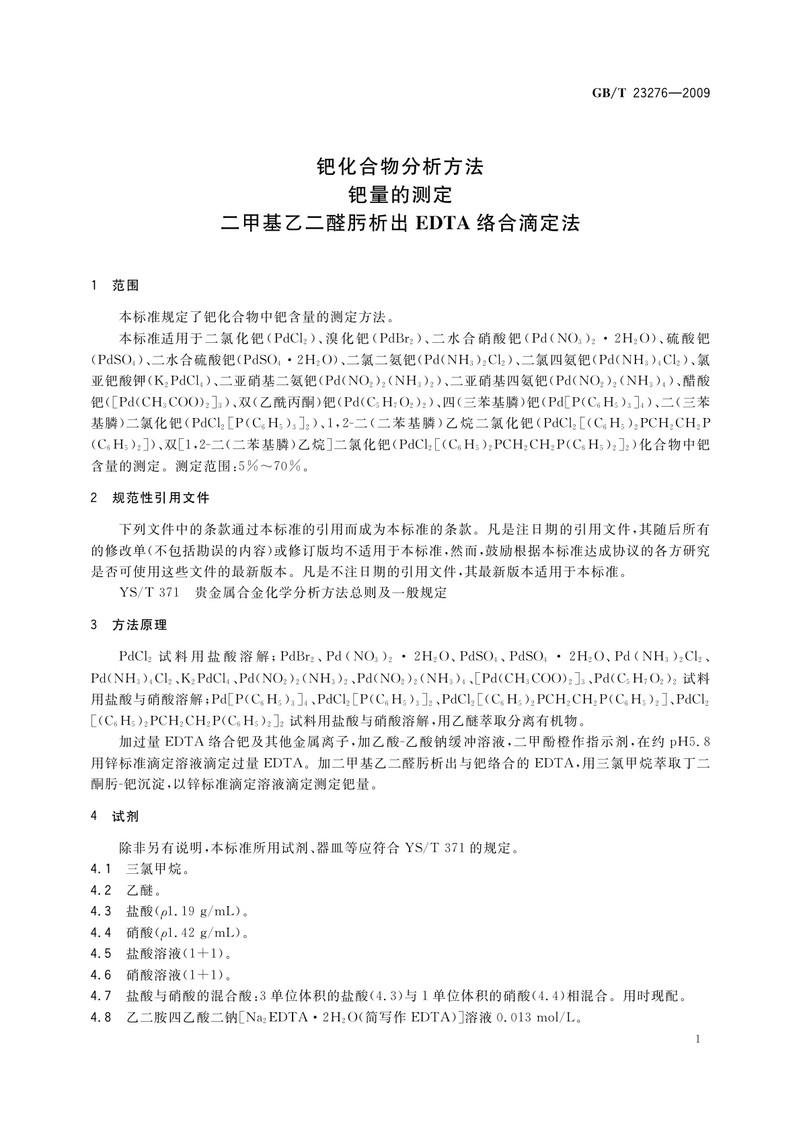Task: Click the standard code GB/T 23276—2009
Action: pos(650,93)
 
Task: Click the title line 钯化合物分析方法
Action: pos(400,166)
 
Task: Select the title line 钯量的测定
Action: pos(400,195)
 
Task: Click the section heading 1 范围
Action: pos(115,286)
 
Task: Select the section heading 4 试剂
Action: pos(115,817)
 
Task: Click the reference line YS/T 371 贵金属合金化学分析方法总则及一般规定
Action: pos(282,593)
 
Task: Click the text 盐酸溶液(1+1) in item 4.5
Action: pos(179,954)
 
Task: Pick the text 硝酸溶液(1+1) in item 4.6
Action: pos(179,975)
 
